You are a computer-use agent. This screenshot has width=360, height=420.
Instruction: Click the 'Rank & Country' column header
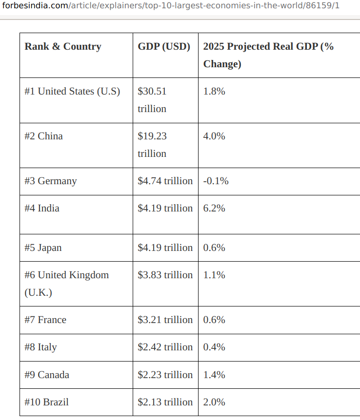63,46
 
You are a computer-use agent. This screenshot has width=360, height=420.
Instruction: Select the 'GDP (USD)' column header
164,46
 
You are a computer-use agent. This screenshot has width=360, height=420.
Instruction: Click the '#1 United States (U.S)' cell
72,91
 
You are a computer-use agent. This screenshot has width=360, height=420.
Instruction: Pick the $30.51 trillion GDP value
152,100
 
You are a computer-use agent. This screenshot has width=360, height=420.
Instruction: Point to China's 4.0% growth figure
214,136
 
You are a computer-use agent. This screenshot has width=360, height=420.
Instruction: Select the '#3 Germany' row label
50,181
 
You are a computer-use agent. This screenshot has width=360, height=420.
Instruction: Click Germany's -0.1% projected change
216,181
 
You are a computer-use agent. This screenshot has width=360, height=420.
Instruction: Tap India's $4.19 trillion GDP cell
165,208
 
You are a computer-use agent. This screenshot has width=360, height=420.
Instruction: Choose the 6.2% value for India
214,208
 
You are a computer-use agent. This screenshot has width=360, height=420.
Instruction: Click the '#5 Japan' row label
43,248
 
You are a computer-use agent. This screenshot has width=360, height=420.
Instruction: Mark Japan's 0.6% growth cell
214,248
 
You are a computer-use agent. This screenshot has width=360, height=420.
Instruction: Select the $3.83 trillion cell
165,275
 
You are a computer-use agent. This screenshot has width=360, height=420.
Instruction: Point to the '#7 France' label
45,320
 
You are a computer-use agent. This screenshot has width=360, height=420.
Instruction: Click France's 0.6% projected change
214,320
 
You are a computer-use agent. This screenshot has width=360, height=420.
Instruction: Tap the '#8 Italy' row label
40,347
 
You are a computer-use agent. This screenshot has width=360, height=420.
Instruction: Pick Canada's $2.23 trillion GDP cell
165,375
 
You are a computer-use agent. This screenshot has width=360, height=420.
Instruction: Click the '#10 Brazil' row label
46,402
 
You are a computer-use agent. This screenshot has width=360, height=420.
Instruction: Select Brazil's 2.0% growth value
214,402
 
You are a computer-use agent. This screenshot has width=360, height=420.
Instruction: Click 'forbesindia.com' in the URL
35,5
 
